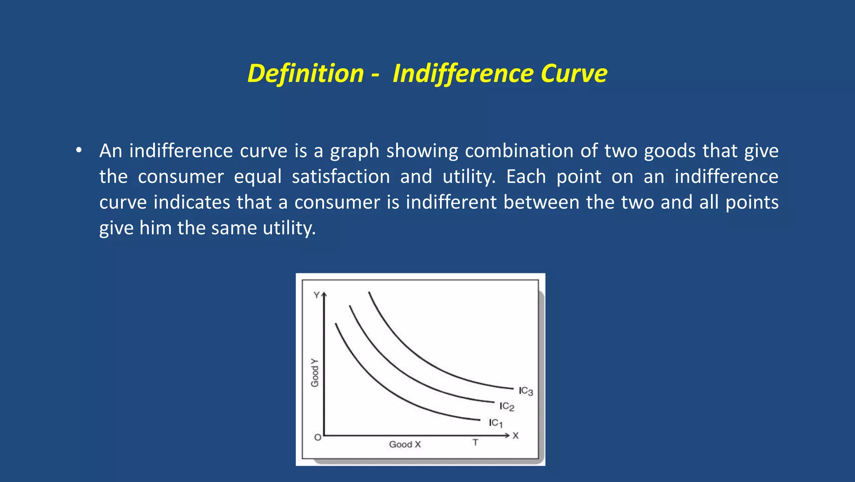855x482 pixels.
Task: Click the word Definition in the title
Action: [x=306, y=74]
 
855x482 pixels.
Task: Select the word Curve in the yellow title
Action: [x=574, y=74]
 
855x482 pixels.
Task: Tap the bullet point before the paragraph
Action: [x=78, y=151]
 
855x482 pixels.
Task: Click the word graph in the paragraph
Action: [x=354, y=151]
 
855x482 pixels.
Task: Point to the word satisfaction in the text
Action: [x=341, y=177]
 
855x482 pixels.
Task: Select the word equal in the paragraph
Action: [x=258, y=177]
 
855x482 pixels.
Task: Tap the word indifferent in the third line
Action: [x=451, y=202]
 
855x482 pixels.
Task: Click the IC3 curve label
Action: [x=526, y=391]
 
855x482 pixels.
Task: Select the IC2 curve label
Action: [x=507, y=406]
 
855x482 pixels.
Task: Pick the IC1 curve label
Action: [x=496, y=423]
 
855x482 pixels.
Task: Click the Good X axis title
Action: [x=405, y=444]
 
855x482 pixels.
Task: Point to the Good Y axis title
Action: [x=315, y=372]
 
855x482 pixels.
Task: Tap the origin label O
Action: [x=318, y=437]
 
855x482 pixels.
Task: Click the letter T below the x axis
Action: [x=475, y=442]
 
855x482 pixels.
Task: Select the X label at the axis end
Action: [x=516, y=436]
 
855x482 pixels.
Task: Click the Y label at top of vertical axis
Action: [x=316, y=295]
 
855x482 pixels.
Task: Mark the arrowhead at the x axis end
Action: [x=507, y=436]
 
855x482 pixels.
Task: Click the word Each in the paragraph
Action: [x=526, y=177]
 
